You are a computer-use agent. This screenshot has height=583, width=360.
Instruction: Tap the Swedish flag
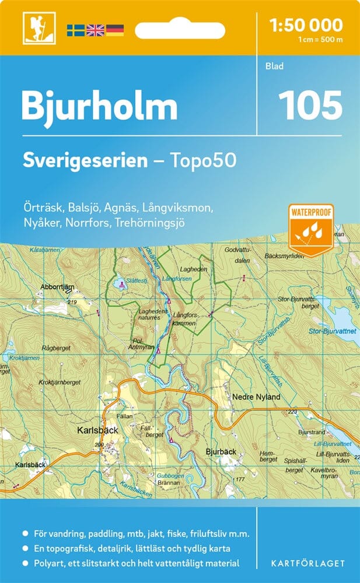click(75, 29)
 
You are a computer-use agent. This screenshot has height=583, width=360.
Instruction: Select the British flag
click(95, 29)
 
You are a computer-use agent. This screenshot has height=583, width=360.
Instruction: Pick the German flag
click(114, 29)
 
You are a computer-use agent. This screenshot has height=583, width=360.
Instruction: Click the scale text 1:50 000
click(306, 24)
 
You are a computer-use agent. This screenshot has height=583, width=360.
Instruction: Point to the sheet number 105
click(310, 104)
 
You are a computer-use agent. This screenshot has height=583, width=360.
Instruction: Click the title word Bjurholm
click(99, 106)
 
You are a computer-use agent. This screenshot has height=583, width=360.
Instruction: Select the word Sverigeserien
click(85, 161)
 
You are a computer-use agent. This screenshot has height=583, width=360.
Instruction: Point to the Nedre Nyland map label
click(256, 397)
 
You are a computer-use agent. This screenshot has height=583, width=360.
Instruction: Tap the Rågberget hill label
click(57, 348)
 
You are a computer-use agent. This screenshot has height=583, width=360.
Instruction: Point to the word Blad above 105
click(274, 66)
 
